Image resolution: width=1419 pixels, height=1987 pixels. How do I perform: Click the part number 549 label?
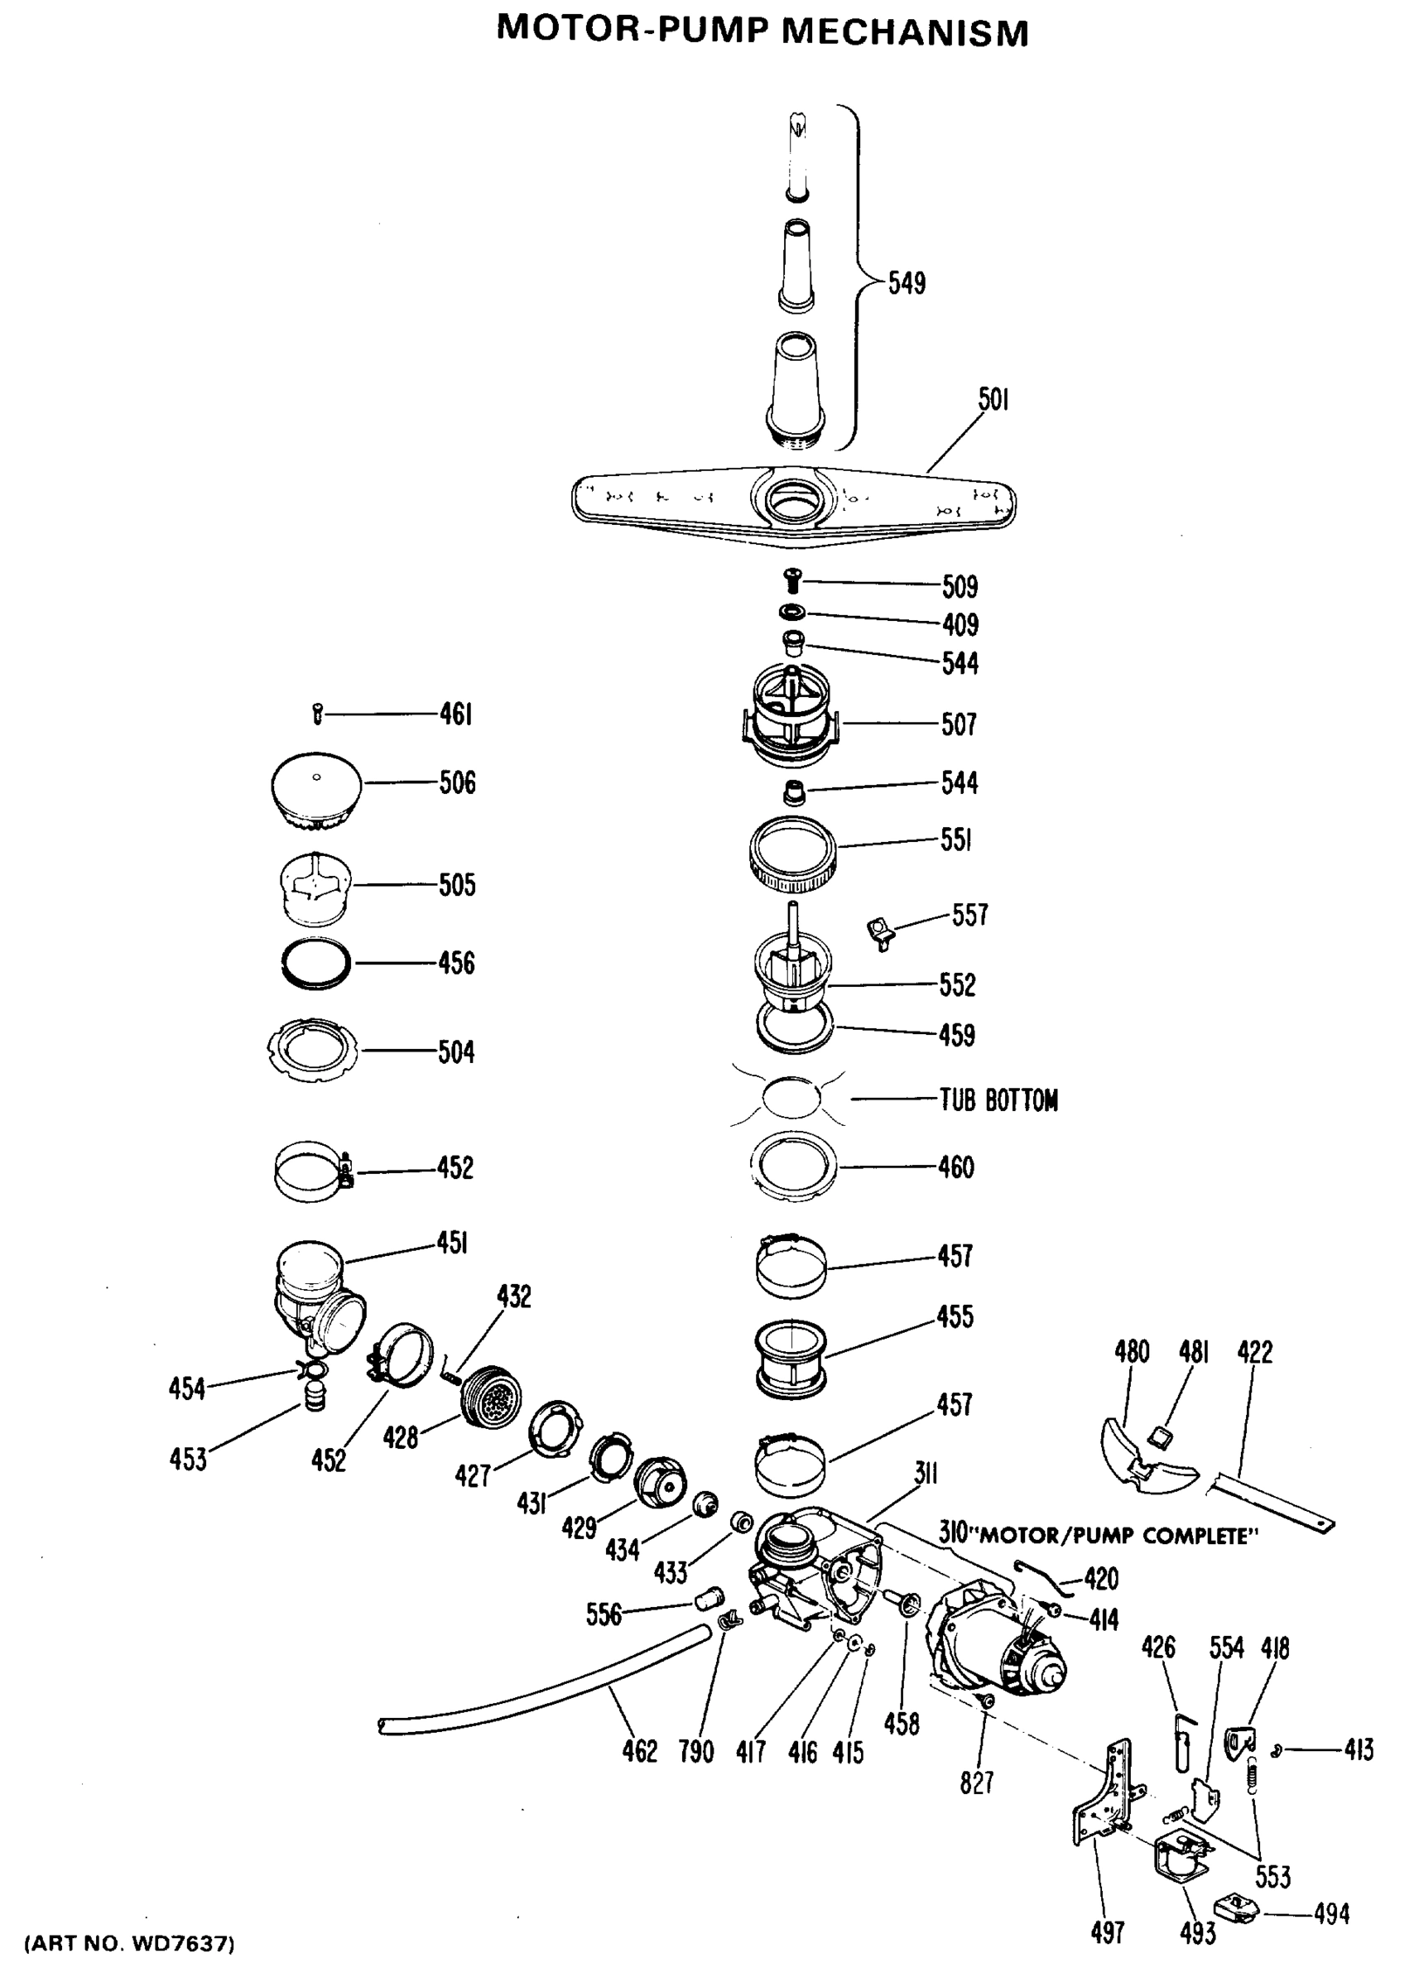coord(907,283)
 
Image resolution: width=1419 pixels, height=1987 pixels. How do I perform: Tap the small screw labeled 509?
coord(792,580)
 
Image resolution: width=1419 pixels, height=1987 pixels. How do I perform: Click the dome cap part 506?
coord(315,789)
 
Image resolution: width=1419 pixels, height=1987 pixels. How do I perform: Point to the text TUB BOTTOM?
coord(998,1100)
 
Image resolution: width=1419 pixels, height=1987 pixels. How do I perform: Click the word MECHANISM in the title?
coord(904,32)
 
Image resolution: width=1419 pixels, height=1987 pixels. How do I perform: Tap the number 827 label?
coord(976,1783)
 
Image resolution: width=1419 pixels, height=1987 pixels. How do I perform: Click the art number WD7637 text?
coord(131,1943)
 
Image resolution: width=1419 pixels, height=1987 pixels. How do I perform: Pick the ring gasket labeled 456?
coord(315,963)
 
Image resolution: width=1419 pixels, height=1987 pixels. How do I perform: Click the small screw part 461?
coord(317,714)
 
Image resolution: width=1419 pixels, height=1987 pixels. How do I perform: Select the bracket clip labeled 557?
coord(881,931)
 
